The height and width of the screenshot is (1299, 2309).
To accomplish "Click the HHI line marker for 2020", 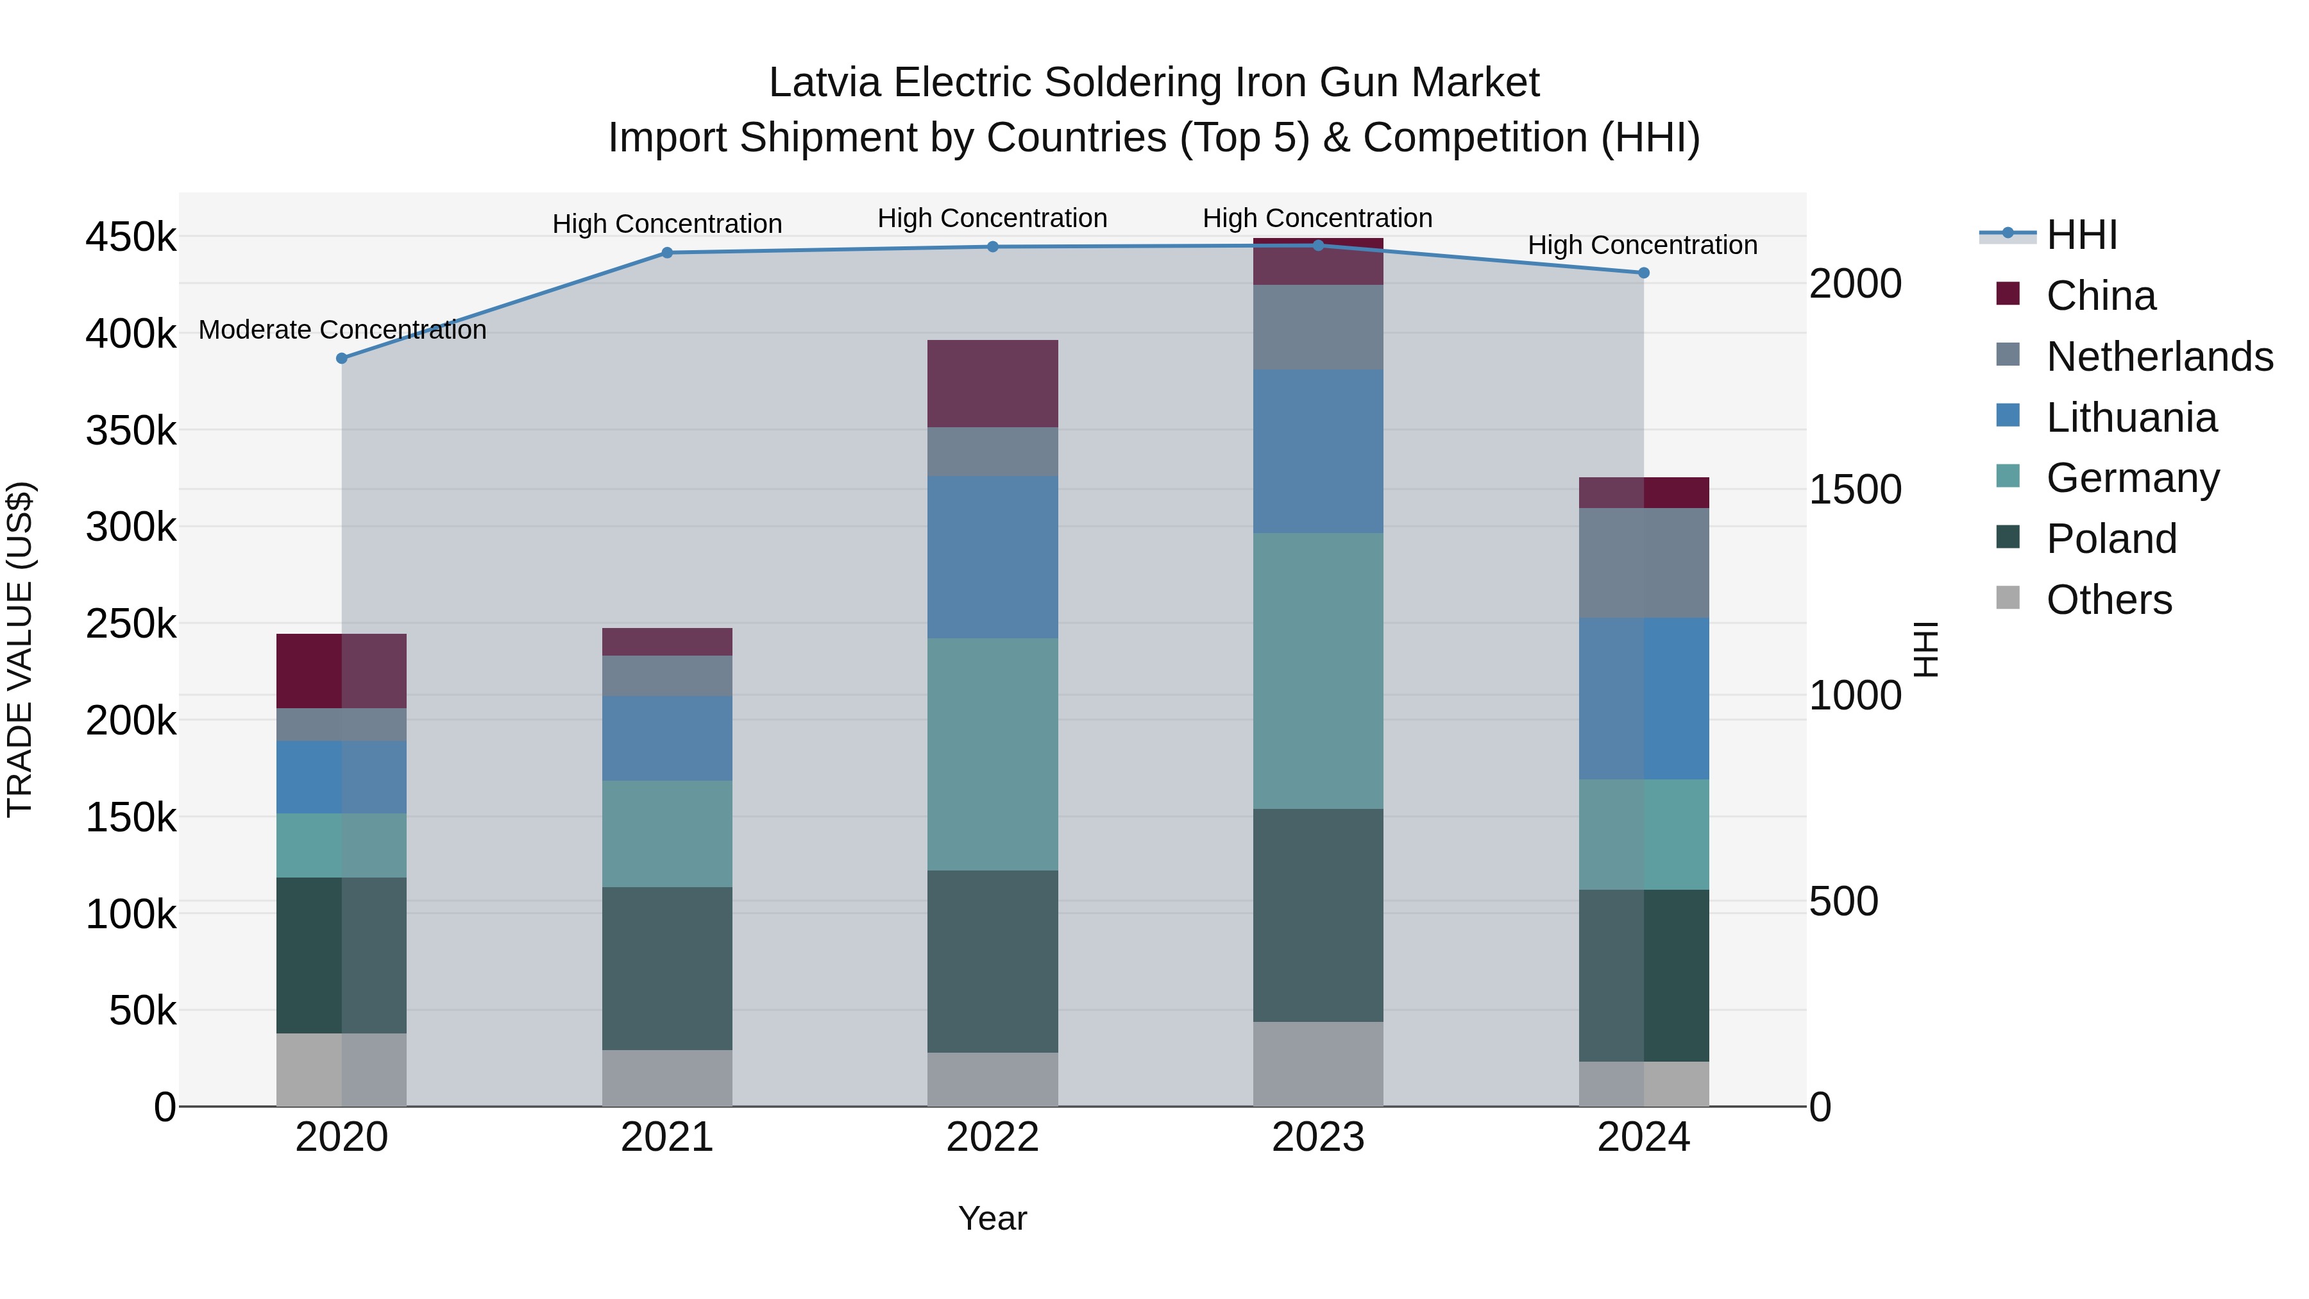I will pos(341,359).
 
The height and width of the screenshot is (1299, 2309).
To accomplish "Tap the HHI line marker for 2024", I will pos(1644,273).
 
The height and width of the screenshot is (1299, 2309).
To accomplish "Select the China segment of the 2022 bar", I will pos(992,384).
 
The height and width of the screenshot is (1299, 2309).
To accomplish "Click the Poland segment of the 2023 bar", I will pos(1317,915).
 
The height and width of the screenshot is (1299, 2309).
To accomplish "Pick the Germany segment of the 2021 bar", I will pos(667,834).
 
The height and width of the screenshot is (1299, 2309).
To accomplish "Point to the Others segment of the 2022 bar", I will pos(992,1080).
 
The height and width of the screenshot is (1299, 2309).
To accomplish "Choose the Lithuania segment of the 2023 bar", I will pos(1317,452).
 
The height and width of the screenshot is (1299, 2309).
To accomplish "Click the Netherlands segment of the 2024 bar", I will pos(1644,563).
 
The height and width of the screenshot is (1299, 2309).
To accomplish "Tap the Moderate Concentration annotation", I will pos(343,330).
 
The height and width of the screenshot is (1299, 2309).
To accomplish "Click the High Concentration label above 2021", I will pos(667,224).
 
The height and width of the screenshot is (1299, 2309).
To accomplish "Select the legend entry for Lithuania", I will pos(2131,418).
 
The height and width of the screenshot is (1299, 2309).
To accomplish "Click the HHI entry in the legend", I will pos(2081,235).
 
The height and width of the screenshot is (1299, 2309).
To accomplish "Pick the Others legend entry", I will pos(2108,600).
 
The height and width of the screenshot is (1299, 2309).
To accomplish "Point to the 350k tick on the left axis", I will pos(131,431).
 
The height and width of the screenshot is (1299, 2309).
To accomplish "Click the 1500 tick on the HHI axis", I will pos(1854,489).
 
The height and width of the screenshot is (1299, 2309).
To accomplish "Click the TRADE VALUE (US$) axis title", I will pos(21,649).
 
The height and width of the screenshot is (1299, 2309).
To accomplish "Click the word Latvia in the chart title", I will pos(825,83).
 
